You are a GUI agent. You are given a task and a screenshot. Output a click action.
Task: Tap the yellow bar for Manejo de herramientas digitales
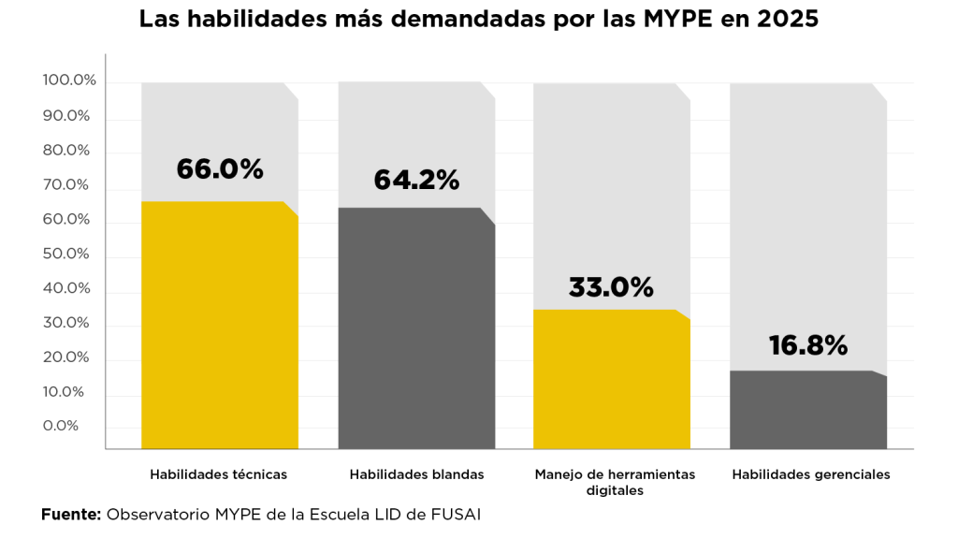point(612,379)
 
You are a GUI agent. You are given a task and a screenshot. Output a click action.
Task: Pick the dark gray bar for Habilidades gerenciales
point(807,410)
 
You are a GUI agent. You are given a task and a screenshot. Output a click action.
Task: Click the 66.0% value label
point(220,169)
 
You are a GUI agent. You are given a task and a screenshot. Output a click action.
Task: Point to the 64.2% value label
point(416,180)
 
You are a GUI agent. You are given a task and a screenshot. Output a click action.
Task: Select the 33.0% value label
point(611,287)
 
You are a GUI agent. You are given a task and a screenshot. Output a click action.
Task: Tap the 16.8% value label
point(807,346)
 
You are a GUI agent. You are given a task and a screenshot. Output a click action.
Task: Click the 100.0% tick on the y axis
point(69,81)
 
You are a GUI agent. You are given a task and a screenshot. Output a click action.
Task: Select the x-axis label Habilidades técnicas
point(219,474)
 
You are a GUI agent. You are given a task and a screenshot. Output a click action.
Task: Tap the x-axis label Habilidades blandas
point(416,474)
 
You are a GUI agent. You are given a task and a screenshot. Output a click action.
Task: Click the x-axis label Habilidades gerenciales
point(811,474)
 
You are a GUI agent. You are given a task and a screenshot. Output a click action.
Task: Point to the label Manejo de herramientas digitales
point(615,482)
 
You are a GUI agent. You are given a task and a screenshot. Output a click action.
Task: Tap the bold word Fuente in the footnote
point(70,515)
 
